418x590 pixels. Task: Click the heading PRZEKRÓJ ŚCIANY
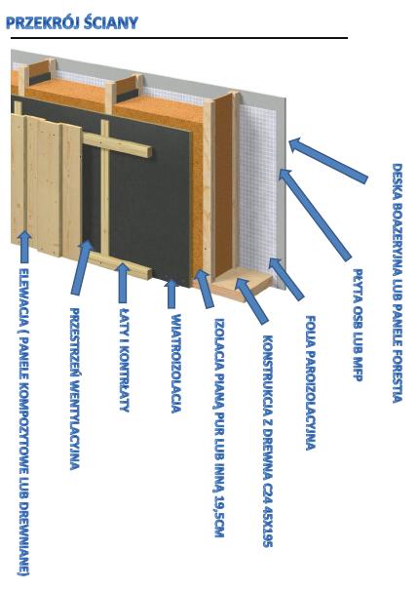[x=72, y=23]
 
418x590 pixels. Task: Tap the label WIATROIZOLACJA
[x=176, y=364]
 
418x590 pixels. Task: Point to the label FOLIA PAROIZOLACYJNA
[x=311, y=382]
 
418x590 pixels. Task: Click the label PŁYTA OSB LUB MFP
[x=358, y=325]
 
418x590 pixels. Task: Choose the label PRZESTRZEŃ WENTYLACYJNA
[x=75, y=389]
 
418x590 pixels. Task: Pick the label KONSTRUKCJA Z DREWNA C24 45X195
[x=267, y=441]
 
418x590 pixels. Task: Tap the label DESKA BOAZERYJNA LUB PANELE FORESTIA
[x=398, y=283]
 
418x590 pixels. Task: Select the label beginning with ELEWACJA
[x=23, y=421]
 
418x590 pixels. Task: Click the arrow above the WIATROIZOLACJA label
[x=171, y=295]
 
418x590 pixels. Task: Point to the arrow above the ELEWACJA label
[x=24, y=247]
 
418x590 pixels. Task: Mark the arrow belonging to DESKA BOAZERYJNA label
[x=327, y=161]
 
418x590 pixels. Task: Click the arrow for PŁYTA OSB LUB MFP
[x=315, y=215]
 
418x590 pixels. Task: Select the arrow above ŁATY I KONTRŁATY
[x=123, y=283]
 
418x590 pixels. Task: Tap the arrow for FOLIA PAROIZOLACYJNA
[x=286, y=279]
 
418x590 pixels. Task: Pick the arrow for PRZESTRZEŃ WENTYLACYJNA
[x=83, y=267]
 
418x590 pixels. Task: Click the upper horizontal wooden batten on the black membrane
[x=117, y=145]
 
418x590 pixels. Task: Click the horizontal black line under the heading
[x=179, y=38]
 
